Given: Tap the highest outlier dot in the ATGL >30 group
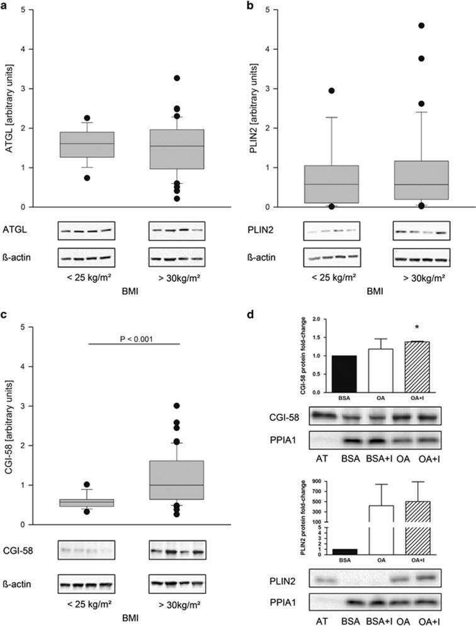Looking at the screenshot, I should click(x=178, y=78).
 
